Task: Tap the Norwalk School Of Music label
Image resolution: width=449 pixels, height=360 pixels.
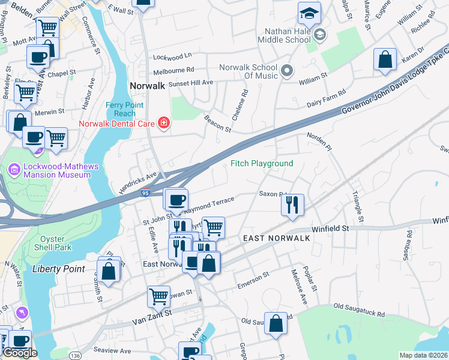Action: coord(248,71)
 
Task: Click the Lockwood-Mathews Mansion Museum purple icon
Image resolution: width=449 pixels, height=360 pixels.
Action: coord(13,170)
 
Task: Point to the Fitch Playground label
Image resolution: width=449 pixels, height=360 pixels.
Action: coord(262,163)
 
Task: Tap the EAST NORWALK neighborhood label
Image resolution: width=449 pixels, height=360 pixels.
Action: coord(276,238)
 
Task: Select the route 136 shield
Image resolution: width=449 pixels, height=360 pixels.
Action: coord(75,356)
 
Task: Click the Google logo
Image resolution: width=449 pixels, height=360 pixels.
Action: coord(19,353)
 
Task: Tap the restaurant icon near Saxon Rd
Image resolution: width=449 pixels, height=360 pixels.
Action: coord(292,205)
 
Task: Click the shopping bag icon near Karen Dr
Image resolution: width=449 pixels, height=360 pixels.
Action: coord(385,59)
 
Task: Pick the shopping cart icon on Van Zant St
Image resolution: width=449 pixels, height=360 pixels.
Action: coord(158,296)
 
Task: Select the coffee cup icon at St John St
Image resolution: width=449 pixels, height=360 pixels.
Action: coord(176,199)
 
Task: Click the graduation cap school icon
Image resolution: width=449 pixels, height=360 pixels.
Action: coord(309,13)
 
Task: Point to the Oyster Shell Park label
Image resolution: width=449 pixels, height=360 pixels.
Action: coord(53,243)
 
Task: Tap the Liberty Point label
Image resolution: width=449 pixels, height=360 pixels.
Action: coord(59,269)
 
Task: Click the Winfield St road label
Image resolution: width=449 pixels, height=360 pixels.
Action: coord(330,229)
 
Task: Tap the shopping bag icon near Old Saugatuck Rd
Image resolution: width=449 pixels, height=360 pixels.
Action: coord(276,323)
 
